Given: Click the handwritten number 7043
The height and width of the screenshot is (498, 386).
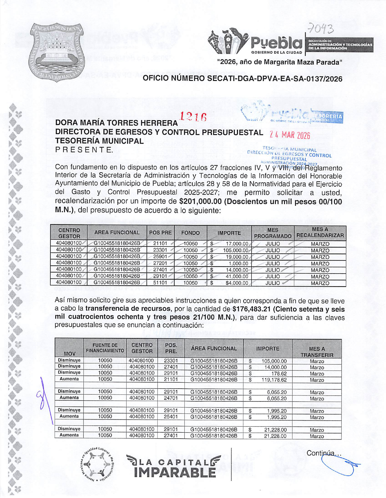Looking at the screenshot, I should (x=320, y=29).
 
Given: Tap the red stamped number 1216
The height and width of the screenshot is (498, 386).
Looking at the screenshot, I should (x=193, y=117).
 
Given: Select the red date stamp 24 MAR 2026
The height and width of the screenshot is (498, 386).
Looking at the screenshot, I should (x=290, y=135).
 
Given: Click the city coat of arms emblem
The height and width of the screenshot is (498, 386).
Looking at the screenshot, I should (x=57, y=52).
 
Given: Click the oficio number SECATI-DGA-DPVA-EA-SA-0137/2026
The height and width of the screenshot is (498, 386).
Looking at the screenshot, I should (x=242, y=79).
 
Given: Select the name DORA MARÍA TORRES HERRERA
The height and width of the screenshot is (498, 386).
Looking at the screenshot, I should (x=116, y=123).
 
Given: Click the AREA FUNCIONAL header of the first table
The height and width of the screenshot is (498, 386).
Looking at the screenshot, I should (x=117, y=233).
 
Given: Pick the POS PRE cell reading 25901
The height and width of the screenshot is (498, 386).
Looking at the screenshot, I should (x=160, y=257).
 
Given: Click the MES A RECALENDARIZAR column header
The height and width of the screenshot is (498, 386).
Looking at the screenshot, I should (x=320, y=233).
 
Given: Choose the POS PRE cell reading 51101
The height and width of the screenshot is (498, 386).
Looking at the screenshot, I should (x=160, y=283).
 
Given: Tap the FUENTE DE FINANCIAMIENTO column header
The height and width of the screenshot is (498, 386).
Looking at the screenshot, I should (x=105, y=348).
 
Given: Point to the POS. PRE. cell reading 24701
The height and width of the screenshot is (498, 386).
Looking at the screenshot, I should (x=171, y=398).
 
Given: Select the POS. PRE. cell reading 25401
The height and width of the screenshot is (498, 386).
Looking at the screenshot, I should (x=171, y=417).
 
